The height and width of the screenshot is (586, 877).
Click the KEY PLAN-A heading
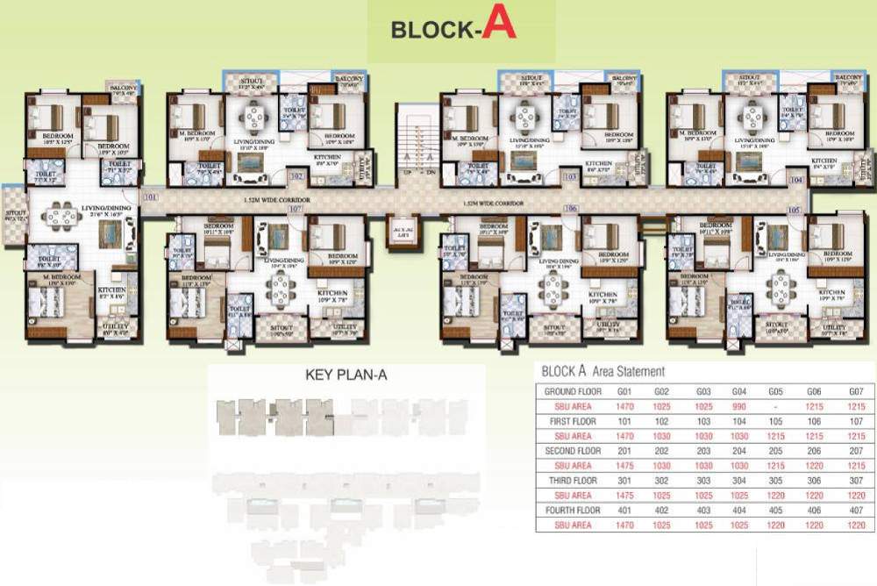coord(346,375)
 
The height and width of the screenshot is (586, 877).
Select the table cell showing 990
coord(740,406)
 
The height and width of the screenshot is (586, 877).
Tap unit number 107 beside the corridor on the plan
coord(295,209)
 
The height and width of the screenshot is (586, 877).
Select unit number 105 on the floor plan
coord(795,210)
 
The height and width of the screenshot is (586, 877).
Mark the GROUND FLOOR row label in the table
coord(573,390)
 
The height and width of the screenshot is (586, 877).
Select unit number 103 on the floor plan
coord(570,177)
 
